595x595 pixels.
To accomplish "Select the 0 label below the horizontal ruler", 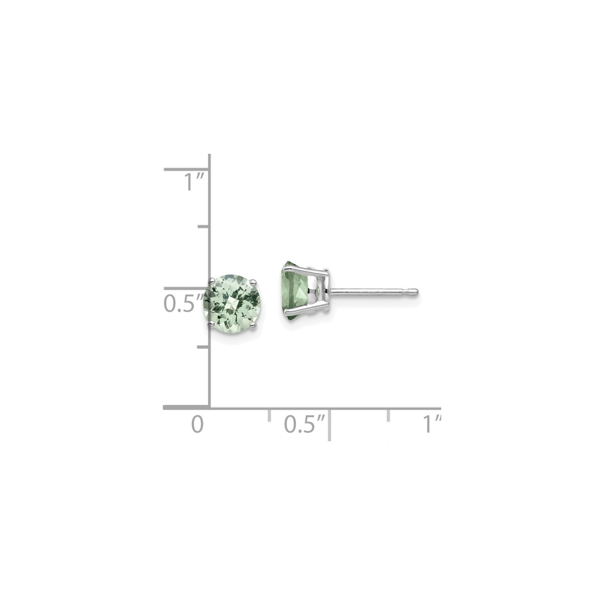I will pos(197,424).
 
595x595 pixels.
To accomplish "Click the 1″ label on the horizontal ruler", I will pos(432,424).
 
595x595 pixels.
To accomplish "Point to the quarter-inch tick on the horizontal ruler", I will pos(269,415).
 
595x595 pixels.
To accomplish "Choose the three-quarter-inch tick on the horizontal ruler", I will pos(389,415).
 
